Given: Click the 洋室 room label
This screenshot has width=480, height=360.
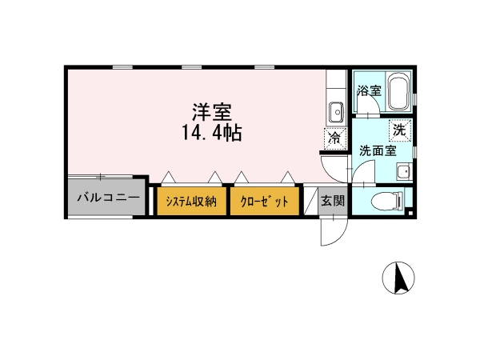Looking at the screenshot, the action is [x=212, y=112].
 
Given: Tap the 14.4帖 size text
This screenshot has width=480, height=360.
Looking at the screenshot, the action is [x=212, y=133].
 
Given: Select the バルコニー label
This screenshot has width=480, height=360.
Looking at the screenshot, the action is [x=108, y=198].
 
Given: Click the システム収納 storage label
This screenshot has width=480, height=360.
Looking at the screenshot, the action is [x=191, y=202].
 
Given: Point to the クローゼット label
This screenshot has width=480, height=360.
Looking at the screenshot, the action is [x=264, y=202].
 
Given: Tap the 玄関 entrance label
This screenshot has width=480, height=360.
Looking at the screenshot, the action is [x=333, y=201].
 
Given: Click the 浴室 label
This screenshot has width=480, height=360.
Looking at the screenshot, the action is [x=369, y=90].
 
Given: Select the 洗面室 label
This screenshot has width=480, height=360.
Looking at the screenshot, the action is [x=378, y=150].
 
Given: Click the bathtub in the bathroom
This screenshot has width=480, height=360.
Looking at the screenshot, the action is [x=399, y=91].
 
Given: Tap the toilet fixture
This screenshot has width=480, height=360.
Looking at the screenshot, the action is [x=388, y=201].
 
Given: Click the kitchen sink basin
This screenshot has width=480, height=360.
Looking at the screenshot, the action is [x=336, y=112].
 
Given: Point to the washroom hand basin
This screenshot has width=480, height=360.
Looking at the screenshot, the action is [x=404, y=172].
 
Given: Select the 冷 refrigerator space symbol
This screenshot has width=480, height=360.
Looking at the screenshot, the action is [x=335, y=139].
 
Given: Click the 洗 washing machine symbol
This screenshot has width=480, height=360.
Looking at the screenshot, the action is [x=399, y=130].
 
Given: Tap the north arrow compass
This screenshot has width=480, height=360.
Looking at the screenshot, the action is [x=398, y=278].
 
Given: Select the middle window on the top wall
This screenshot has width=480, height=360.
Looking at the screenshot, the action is [x=192, y=67].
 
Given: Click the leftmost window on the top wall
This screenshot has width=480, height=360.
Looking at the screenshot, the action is [x=122, y=67].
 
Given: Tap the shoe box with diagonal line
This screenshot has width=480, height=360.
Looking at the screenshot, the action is [x=310, y=201].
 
